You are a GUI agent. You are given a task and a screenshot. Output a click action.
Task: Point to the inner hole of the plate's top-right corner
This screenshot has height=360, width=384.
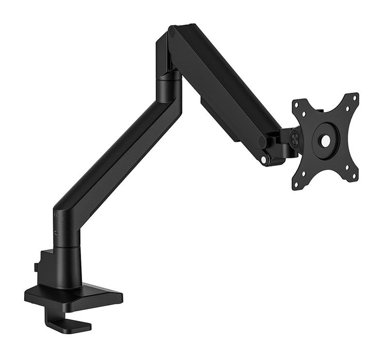point(344,109)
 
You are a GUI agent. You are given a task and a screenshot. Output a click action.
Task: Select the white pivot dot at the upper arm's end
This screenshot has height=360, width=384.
point(264,160)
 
